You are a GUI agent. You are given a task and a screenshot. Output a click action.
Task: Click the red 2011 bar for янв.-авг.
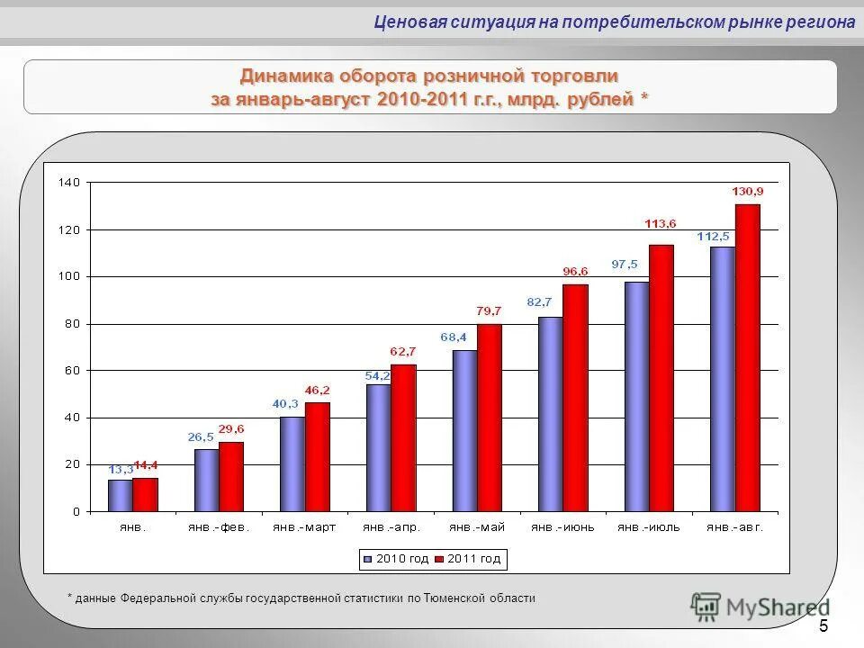pos(747,358)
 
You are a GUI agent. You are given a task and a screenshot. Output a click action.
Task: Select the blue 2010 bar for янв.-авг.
pos(722,379)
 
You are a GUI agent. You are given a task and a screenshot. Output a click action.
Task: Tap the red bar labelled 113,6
pos(661,378)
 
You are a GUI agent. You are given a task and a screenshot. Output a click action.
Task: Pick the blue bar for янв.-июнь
pos(550,414)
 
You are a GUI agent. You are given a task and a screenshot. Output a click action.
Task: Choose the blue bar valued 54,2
pos(378,447)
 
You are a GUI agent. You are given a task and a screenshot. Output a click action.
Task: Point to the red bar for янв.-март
pos(318,456)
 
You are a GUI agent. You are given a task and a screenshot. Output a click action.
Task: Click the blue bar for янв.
pos(120,495)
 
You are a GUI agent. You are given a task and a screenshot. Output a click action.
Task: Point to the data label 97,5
pos(625,264)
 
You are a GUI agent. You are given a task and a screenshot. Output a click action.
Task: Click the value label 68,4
pos(454,337)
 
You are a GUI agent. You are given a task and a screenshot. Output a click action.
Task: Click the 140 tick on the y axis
pos(69,183)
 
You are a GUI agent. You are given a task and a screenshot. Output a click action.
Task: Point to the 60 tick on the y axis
pos(72,371)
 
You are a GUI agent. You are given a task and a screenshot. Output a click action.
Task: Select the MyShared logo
pos(760,607)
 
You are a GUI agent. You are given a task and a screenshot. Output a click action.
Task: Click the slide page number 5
pos(823,626)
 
